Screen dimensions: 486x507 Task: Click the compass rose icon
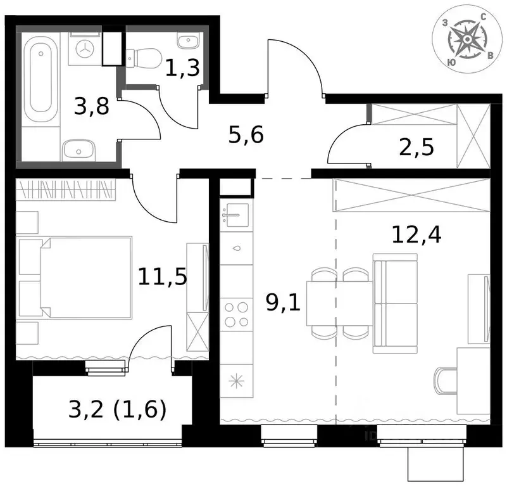point(467,39)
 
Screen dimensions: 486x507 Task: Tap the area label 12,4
point(416,236)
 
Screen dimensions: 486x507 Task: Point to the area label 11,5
point(163,276)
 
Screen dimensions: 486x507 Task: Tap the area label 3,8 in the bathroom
point(92,105)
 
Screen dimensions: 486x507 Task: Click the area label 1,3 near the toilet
point(182,67)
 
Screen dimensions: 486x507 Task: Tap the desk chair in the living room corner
point(446,380)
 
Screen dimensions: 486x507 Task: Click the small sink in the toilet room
point(185,42)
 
